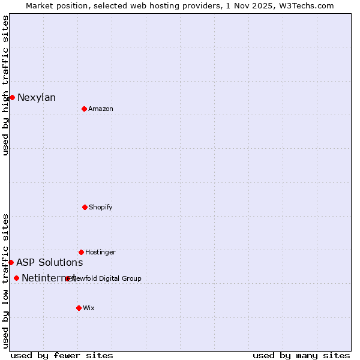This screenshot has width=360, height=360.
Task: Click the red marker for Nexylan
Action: coord(12,97)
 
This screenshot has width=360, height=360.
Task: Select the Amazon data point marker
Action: coord(84,109)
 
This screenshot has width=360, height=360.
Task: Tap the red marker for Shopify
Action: coord(85,207)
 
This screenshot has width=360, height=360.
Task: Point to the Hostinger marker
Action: coord(81,252)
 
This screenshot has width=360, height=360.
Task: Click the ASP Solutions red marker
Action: coord(11,262)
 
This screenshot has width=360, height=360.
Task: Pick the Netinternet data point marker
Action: coord(16,278)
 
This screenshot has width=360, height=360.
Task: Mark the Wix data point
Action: coord(79,308)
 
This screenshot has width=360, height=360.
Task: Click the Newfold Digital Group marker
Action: coord(67,278)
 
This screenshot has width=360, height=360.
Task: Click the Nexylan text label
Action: coord(37,98)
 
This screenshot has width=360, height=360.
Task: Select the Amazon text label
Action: coord(101,109)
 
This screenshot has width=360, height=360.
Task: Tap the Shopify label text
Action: coord(101,208)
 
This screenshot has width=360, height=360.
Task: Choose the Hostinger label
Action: coord(100,253)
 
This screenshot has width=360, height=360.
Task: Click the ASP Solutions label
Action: coord(50,263)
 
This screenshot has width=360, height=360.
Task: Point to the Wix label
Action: coord(89,308)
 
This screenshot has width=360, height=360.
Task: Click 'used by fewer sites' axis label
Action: coord(62,355)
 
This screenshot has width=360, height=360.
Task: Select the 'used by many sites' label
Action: coord(301,355)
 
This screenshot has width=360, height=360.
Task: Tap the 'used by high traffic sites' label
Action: coord(6,85)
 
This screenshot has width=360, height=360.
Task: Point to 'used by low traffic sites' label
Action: coord(6,281)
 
